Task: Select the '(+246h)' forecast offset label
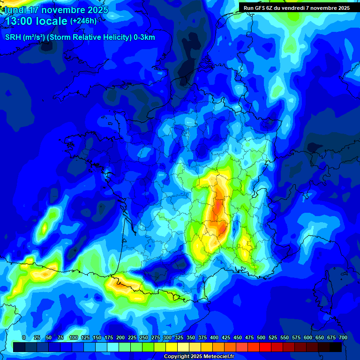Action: pyautogui.click(x=83, y=21)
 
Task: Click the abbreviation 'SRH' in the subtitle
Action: pyautogui.click(x=13, y=37)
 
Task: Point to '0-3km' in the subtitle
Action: pyautogui.click(x=143, y=37)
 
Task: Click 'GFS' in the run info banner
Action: pyautogui.click(x=262, y=8)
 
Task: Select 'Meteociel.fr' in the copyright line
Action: pyautogui.click(x=217, y=357)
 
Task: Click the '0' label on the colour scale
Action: pyautogui.click(x=24, y=337)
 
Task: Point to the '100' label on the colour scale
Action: pyautogui.click(x=73, y=337)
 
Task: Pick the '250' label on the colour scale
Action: pyautogui.click(x=144, y=337)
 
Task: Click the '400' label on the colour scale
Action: pyautogui.click(x=214, y=337)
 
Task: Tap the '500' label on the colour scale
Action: pyautogui.click(x=261, y=337)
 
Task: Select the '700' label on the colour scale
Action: pyautogui.click(x=343, y=337)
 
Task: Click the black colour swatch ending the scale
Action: pyautogui.click(x=336, y=347)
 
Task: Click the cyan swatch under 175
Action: pyautogui.click(x=113, y=347)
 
